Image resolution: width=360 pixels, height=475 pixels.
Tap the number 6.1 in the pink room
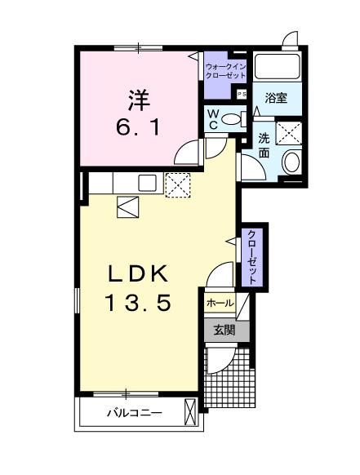tap(140, 127)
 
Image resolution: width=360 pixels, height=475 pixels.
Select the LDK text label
tap(136, 273)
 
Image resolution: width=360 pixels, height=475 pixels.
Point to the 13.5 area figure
tap(136, 303)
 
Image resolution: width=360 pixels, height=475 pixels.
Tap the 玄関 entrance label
tap(224, 331)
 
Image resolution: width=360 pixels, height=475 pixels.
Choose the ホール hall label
tap(220, 304)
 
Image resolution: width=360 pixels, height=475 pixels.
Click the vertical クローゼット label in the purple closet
tap(252, 257)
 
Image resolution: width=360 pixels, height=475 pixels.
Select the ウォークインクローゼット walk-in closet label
tap(225, 70)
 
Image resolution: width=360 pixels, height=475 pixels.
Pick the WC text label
tap(212, 120)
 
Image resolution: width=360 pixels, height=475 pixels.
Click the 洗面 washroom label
tap(265, 144)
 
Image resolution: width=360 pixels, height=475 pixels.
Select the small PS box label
tap(242, 94)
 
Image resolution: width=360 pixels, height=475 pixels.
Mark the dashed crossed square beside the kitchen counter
tap(177, 184)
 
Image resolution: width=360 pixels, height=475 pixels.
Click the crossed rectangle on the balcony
tap(192, 412)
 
